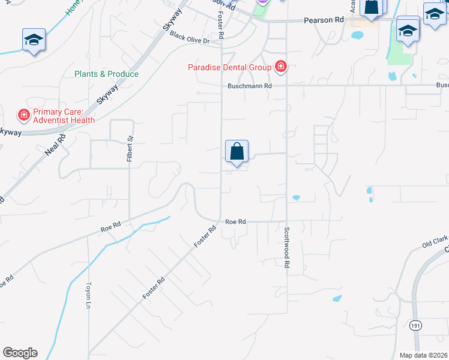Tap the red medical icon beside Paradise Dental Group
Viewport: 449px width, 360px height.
coord(280,67)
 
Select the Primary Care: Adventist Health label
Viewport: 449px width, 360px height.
coord(64,116)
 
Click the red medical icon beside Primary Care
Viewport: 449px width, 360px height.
coord(23,114)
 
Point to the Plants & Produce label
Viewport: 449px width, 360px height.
coord(106,74)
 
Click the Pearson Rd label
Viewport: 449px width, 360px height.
coord(324,20)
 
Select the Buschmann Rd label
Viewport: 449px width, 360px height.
coord(250,86)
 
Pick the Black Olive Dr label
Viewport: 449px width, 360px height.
coord(189,38)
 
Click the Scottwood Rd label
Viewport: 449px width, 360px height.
coord(287,247)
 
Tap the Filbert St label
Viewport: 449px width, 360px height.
coord(129,148)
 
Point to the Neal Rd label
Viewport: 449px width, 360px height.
coord(55,146)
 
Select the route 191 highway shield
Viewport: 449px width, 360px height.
coord(415,325)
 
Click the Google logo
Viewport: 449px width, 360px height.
coord(20,353)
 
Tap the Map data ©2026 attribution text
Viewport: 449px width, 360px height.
coord(424,355)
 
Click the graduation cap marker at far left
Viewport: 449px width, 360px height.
coord(34,40)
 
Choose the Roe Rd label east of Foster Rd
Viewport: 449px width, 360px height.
coord(236,222)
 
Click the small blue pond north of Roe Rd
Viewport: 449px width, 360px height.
coord(296,197)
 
